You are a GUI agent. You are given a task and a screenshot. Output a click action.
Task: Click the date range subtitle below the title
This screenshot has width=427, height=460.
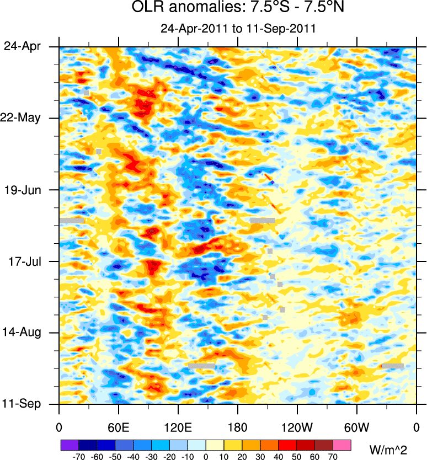point(238,29)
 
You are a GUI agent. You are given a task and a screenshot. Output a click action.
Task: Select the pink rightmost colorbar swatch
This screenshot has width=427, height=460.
point(342,444)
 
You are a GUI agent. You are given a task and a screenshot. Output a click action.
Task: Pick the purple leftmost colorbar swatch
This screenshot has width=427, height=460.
point(70,444)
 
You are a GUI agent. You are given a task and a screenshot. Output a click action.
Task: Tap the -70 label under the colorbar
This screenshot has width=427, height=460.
point(78,456)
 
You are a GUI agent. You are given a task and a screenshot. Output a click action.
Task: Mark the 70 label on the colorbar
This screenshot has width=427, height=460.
point(333,456)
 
